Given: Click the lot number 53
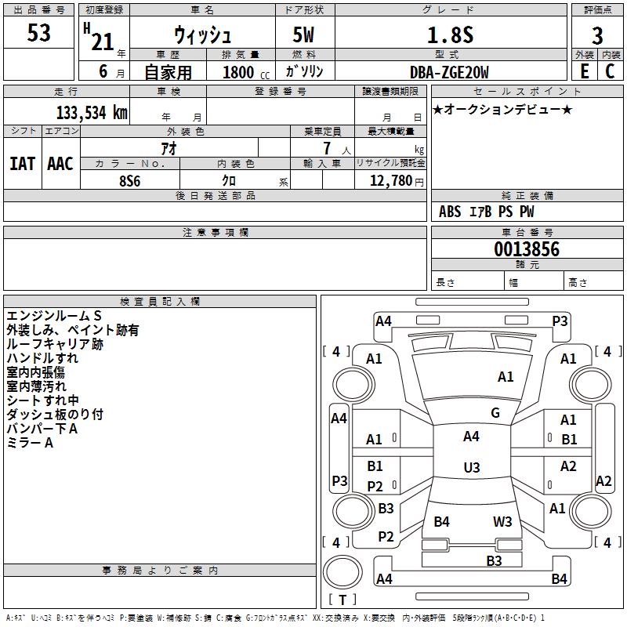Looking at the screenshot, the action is coord(38,34).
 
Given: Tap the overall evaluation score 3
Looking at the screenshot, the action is coord(597,35).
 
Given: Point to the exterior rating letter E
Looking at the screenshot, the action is coord(584,71).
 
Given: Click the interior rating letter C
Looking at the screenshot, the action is coord(610,71).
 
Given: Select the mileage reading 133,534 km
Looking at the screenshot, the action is coord(92,112).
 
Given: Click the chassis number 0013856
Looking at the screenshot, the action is coord(527,249).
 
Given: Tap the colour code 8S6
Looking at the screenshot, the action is coord(129,180).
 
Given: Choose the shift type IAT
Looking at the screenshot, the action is coord(22,163).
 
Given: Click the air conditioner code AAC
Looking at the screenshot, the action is coord(60,163).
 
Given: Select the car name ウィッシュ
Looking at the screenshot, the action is coord(202,36).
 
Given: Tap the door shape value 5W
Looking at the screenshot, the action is coord(304,35).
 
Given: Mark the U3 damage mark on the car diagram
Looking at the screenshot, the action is coord(471,468).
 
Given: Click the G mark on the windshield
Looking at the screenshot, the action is coord(495,413).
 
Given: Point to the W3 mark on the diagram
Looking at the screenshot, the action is coord(502,521).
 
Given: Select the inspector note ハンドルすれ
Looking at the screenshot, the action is coord(42,358).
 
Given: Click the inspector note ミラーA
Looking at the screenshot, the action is coord(30,443).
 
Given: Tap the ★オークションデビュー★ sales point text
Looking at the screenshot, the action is coord(502,109).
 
